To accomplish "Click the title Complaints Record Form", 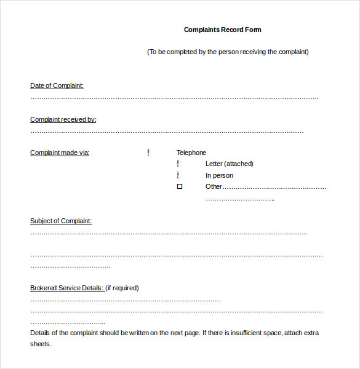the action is tap(223, 30).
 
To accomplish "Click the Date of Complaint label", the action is tap(57, 85).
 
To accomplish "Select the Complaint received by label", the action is tap(63, 119).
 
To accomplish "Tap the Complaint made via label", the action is tap(60, 153).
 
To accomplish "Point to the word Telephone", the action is tap(191, 153).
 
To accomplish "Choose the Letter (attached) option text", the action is tap(230, 164).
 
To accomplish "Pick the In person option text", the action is tap(220, 175).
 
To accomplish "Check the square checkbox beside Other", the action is tap(180, 186).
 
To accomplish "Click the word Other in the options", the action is tap(214, 186).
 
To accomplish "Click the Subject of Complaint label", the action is tap(61, 221).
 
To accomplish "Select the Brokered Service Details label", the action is tap(66, 288).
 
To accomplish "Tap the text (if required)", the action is tap(122, 288).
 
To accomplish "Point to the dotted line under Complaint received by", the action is tap(167, 132).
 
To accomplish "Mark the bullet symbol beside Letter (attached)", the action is tap(178, 164).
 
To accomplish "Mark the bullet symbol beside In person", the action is tap(178, 175).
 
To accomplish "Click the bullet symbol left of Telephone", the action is tap(148, 153).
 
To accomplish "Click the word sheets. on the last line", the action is tap(41, 344).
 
